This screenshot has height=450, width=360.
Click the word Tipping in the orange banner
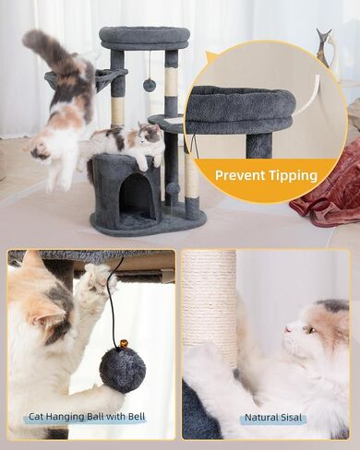[294, 176]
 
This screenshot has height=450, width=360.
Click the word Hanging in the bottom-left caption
[66, 417]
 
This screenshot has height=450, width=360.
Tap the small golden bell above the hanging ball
[124, 343]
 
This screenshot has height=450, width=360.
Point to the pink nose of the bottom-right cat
[288, 329]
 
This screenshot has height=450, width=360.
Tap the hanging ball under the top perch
[150, 84]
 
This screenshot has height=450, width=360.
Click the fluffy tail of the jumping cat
[53, 49]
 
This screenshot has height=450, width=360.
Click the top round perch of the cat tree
[144, 37]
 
